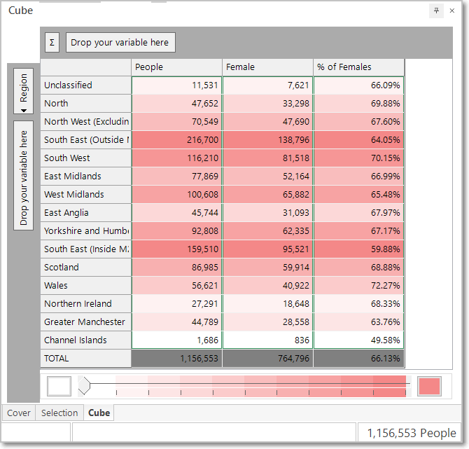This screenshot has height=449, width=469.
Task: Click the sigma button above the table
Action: pos(52,42)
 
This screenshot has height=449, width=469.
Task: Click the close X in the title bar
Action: pos(452,11)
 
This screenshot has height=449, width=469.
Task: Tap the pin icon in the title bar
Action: pos(436,11)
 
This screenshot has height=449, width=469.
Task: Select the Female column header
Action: pos(267,67)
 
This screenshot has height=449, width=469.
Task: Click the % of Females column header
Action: pos(358,67)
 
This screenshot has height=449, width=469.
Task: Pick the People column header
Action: pos(176,67)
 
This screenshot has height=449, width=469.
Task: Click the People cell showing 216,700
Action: pos(176,140)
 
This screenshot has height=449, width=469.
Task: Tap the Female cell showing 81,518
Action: pos(267,158)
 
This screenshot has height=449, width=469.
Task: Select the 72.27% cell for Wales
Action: pos(358,285)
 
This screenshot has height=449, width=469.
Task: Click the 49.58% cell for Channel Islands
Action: pos(358,340)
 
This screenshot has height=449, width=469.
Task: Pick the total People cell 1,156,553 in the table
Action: pos(176,359)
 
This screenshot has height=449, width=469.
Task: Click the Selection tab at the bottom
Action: pos(59,413)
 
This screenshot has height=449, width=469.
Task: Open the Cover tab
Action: pos(19,413)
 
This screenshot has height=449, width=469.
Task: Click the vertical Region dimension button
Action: pos(23,91)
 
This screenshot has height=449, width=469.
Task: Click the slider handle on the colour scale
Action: pos(84,386)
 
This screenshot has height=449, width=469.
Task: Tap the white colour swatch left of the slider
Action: pos(59,386)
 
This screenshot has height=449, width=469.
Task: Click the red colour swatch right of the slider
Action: pos(429,386)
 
